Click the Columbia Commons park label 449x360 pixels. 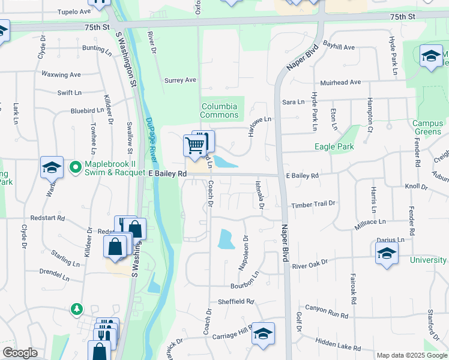tap(218, 110)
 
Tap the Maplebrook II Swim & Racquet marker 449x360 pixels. tap(76, 167)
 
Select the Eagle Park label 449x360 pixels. tap(334, 146)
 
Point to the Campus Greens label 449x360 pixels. tap(427, 128)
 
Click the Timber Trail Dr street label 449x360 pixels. tap(313, 205)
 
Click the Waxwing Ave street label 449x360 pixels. tap(61, 75)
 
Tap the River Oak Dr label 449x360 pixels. tap(310, 263)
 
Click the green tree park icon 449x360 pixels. tap(77, 309)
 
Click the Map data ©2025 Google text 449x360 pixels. tap(411, 355)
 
